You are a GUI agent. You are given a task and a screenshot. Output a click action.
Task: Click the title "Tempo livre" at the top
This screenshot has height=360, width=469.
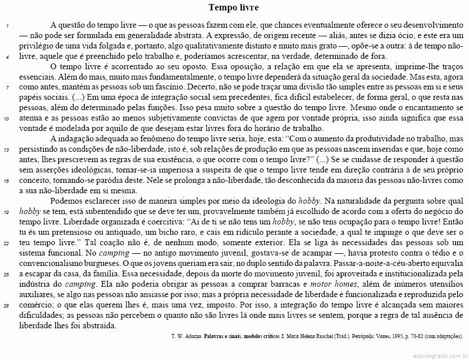(234, 8)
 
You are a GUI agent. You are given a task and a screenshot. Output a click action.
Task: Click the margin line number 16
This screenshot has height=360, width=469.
(5, 181)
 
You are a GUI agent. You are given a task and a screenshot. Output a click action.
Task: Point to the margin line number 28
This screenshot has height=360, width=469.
(5, 305)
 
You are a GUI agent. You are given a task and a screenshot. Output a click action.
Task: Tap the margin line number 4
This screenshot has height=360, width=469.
(5, 57)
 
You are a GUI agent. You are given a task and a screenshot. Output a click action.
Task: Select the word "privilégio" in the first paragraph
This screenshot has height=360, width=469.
(19, 47)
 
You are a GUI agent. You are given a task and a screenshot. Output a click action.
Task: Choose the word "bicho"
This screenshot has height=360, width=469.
(151, 232)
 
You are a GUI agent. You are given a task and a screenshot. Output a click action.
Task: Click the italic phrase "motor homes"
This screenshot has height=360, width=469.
(332, 284)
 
